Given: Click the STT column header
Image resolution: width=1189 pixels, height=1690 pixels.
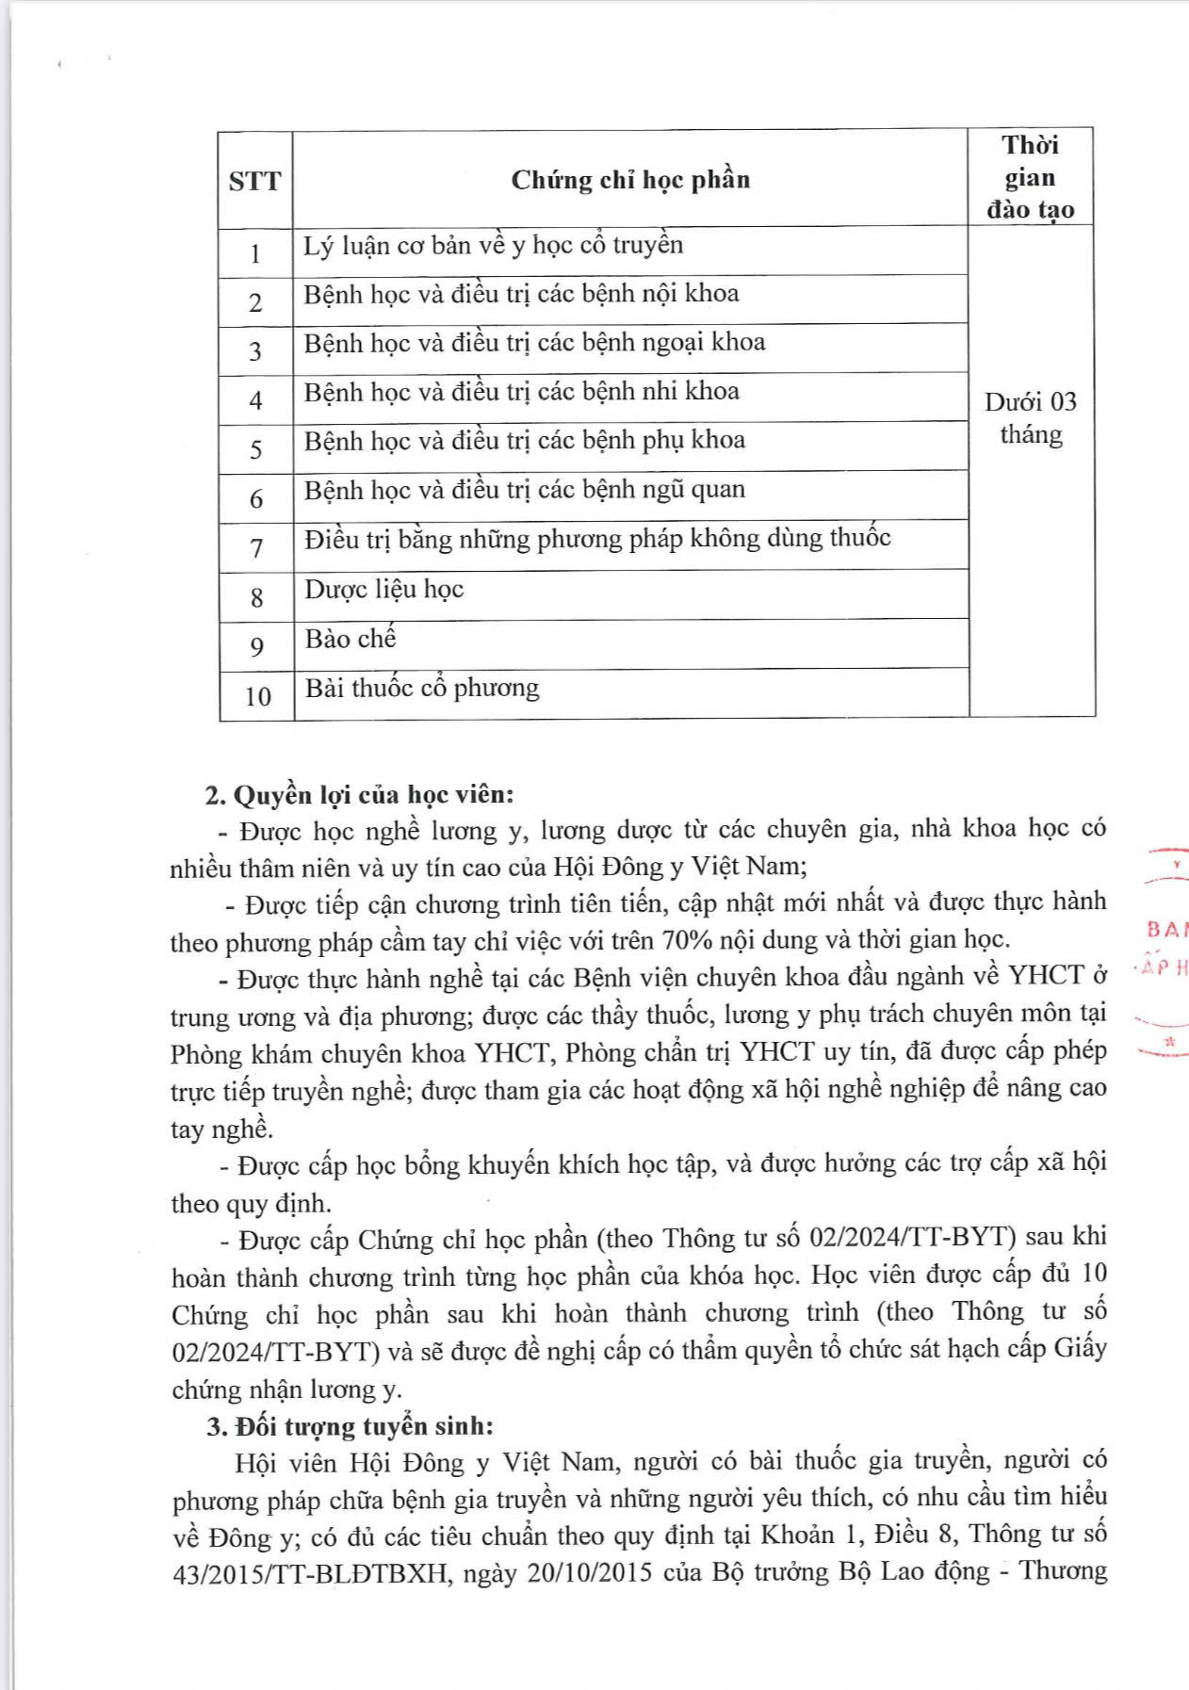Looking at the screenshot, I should pyautogui.click(x=254, y=180).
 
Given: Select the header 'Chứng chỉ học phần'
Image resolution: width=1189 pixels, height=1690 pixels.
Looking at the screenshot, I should pyautogui.click(x=630, y=180).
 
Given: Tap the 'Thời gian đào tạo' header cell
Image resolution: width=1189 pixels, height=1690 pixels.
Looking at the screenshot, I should pyautogui.click(x=1030, y=177).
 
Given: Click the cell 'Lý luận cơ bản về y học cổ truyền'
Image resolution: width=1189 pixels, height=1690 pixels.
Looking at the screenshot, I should pyautogui.click(x=493, y=246).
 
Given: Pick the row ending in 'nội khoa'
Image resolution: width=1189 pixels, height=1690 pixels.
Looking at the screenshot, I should pyautogui.click(x=521, y=294).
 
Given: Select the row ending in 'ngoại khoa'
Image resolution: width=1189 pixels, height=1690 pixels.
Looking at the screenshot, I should pyautogui.click(x=534, y=343).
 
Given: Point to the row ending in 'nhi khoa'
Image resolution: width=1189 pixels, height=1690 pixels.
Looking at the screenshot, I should pyautogui.click(x=521, y=392).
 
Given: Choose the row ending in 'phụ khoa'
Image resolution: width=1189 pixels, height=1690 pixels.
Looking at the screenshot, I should pyautogui.click(x=524, y=441).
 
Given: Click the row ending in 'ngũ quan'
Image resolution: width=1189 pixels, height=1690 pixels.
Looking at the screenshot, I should pyautogui.click(x=524, y=490).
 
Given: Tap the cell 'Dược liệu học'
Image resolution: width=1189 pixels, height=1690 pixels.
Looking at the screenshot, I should pyautogui.click(x=384, y=590).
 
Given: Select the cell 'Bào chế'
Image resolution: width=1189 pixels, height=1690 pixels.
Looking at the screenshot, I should pyautogui.click(x=350, y=639).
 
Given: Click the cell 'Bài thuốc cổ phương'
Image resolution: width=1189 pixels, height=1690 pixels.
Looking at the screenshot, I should pyautogui.click(x=422, y=689).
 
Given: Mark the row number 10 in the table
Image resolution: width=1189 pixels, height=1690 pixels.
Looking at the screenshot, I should pyautogui.click(x=257, y=696).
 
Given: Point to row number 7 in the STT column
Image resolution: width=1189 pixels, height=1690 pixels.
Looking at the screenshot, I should pyautogui.click(x=256, y=547).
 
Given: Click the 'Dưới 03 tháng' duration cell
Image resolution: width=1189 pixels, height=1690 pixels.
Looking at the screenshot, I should pyautogui.click(x=1031, y=418).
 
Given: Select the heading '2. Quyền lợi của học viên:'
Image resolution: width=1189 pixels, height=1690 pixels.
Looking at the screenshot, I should pyautogui.click(x=360, y=795).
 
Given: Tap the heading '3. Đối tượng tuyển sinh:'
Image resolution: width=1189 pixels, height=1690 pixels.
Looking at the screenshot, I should pyautogui.click(x=350, y=1425).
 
